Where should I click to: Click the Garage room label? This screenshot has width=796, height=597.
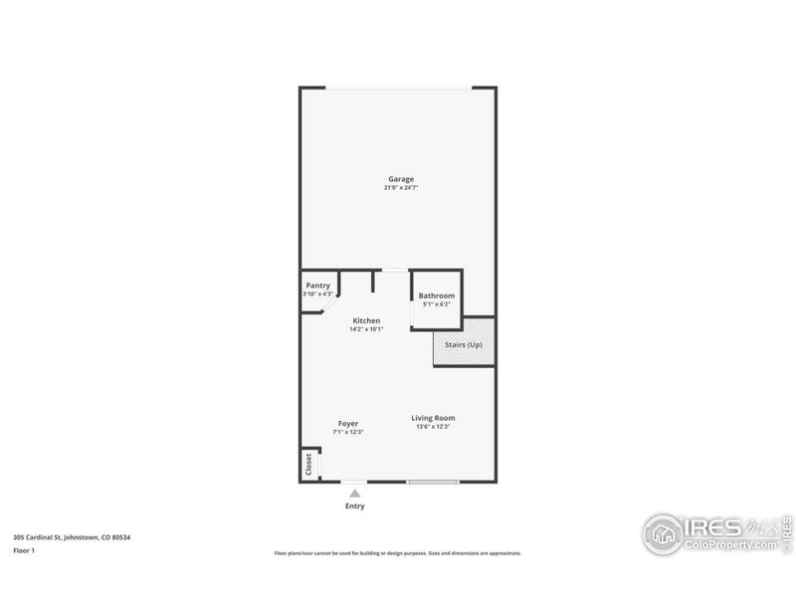tap(401, 179)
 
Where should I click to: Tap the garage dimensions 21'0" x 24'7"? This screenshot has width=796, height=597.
tap(401, 188)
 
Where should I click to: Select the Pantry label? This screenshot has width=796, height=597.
tap(317, 286)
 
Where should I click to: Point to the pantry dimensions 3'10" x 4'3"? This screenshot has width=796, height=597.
tap(317, 294)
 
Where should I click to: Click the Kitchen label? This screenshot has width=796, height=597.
tap(366, 320)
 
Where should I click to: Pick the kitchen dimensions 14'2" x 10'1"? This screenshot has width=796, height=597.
tap(366, 329)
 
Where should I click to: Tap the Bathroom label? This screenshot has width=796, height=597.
tap(437, 296)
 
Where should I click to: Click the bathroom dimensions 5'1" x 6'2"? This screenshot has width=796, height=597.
tap(437, 304)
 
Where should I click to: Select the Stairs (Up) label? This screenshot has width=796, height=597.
tap(464, 344)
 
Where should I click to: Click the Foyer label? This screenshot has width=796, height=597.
tap(347, 423)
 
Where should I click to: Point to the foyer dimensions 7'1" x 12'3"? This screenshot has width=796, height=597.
tap(347, 432)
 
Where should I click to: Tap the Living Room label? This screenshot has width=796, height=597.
tap(434, 418)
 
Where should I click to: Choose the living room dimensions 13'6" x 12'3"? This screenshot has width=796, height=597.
tap(434, 427)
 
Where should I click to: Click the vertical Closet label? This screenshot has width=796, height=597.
tap(308, 464)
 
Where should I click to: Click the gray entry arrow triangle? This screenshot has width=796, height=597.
tap(354, 492)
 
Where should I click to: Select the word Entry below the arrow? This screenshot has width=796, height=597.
tap(354, 505)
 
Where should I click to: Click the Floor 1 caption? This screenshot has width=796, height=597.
tap(24, 549)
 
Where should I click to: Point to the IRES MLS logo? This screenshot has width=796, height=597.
tap(716, 533)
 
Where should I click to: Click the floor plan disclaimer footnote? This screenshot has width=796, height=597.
tap(397, 553)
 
